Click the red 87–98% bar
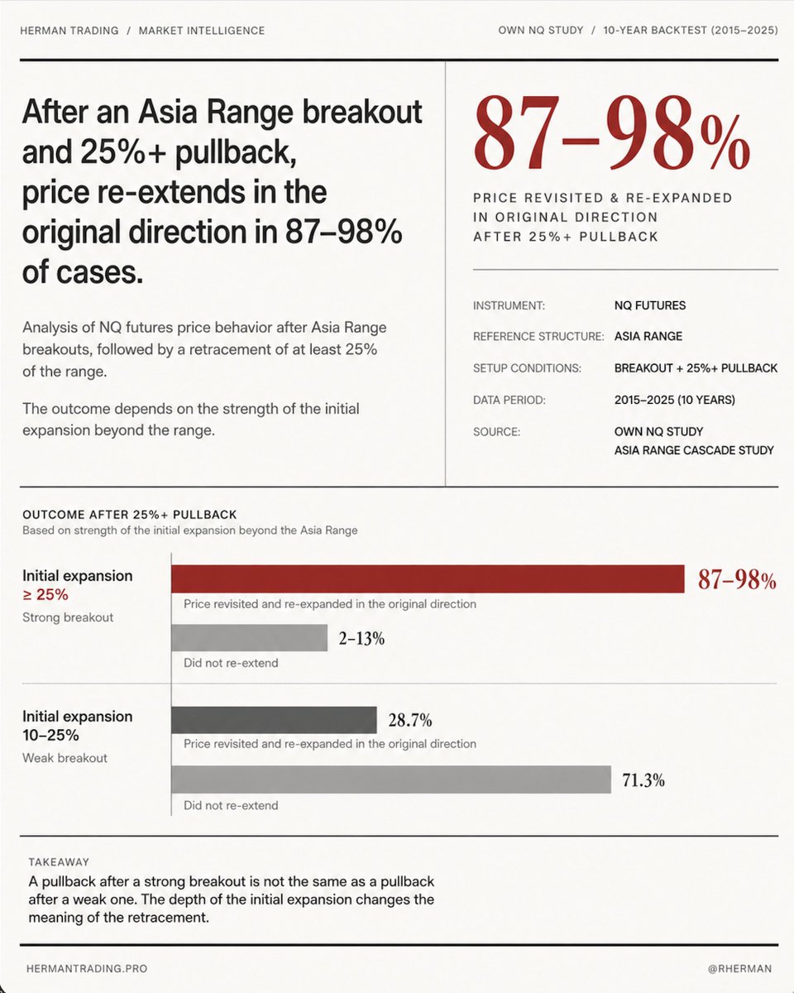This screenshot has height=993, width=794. [x=428, y=578]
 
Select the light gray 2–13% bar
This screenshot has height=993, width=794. [x=249, y=638]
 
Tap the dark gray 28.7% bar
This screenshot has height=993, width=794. [x=274, y=720]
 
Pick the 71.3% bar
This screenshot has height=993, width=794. [x=390, y=780]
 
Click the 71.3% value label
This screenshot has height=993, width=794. [x=643, y=780]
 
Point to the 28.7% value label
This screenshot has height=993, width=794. [x=410, y=720]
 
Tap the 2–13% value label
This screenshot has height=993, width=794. [x=361, y=638]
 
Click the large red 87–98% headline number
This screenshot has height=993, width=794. [x=611, y=132]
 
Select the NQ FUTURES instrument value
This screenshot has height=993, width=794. [x=649, y=305]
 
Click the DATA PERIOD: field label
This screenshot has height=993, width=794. [x=509, y=400]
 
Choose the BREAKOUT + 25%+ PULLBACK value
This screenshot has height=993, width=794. [x=696, y=368]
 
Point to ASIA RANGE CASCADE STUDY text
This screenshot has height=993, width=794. [x=694, y=450]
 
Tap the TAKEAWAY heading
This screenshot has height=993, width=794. [x=59, y=862]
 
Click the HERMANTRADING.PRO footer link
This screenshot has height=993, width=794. [x=87, y=968]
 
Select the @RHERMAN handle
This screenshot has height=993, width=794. [x=739, y=968]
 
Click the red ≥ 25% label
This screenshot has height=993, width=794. [x=45, y=594]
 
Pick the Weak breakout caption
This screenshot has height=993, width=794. [x=65, y=758]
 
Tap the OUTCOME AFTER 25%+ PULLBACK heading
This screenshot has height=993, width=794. [x=130, y=515]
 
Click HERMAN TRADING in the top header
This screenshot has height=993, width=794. [x=69, y=31]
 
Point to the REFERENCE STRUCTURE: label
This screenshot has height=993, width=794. [x=538, y=337]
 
